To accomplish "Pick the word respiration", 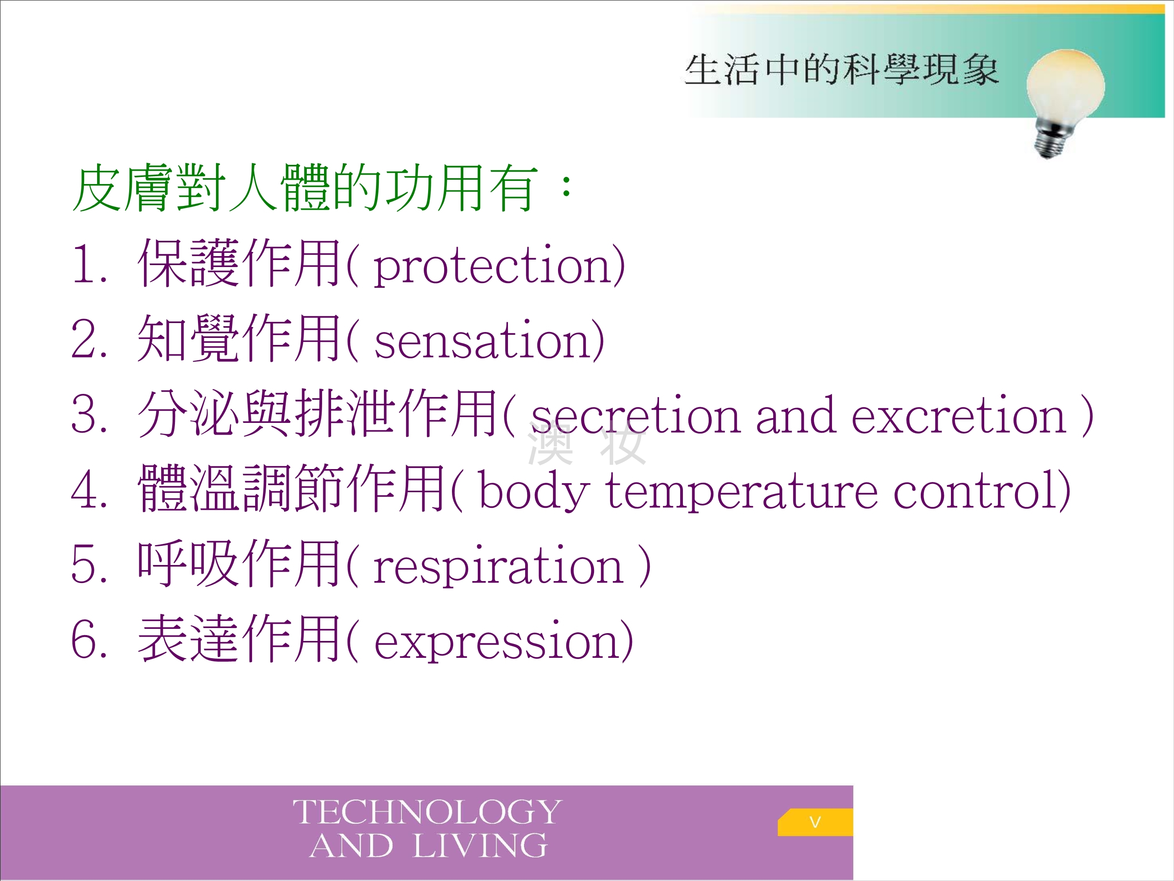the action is click(x=498, y=567).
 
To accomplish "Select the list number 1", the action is click(x=84, y=264).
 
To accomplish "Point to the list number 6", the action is click(x=84, y=639).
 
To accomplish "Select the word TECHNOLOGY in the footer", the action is click(x=427, y=812).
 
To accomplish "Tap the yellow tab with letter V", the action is click(x=815, y=822).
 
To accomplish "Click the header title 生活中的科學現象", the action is click(x=841, y=70).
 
